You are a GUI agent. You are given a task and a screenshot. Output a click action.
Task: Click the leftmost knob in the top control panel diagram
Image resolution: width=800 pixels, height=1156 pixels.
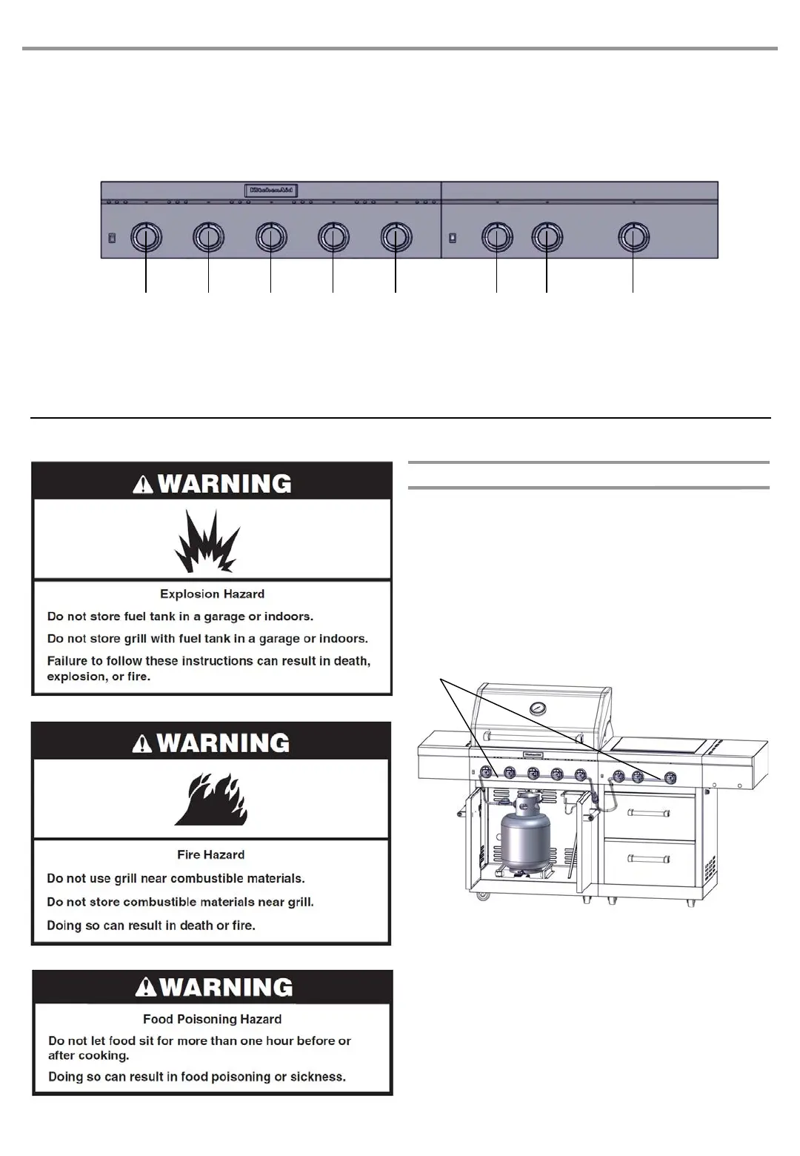[x=146, y=237]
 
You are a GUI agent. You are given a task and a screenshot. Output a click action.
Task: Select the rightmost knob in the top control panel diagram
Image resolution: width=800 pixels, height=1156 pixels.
[x=633, y=237]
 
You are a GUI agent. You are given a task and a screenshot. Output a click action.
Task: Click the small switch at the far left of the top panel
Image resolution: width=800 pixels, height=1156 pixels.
[x=112, y=238]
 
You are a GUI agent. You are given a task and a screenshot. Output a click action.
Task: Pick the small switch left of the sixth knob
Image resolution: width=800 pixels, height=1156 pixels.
[x=453, y=238]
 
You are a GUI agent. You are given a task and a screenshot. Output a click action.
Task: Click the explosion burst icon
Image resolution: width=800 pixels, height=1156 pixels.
[x=207, y=542]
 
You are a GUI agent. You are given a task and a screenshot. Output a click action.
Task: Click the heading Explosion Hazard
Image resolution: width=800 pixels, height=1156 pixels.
[x=212, y=594]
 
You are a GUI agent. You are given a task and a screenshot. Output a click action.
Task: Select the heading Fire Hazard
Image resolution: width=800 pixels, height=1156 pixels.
[x=211, y=854]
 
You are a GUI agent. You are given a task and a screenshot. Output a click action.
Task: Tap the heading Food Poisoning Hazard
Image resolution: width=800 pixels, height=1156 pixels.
[x=212, y=1019]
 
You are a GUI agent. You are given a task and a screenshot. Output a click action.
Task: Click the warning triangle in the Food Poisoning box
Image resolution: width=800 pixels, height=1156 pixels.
[x=146, y=988]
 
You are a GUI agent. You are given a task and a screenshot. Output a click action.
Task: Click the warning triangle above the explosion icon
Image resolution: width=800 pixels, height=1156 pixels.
[x=143, y=485]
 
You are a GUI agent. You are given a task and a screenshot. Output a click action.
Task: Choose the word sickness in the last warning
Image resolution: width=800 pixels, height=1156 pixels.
[x=319, y=1077]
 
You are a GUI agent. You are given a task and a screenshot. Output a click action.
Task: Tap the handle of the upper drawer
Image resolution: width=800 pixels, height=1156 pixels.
[x=649, y=813]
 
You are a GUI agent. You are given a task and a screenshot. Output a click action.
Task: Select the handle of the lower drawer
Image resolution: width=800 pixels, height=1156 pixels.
[x=649, y=859]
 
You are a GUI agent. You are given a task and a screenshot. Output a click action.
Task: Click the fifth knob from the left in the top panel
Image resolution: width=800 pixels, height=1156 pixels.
[x=396, y=237]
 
